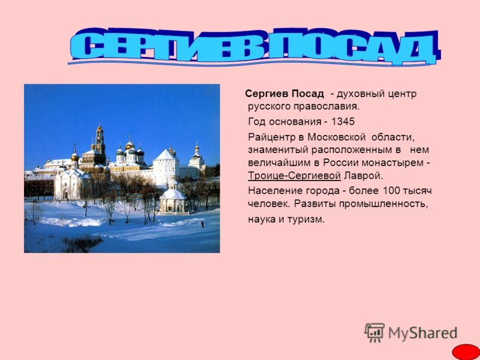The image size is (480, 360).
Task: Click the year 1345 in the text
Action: (x=343, y=122)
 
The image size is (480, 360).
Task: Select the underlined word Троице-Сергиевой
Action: (x=294, y=176)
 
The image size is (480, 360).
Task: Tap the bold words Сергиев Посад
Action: (x=284, y=94)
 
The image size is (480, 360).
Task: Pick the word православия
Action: (x=326, y=107)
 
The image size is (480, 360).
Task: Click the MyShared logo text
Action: (x=423, y=333)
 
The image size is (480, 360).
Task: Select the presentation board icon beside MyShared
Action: (x=374, y=332)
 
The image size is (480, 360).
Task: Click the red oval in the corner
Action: (x=466, y=352)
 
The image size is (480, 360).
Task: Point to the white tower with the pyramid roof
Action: (x=166, y=167)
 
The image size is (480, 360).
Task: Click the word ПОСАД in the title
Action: (x=353, y=46)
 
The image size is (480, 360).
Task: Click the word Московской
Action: (x=337, y=137)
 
